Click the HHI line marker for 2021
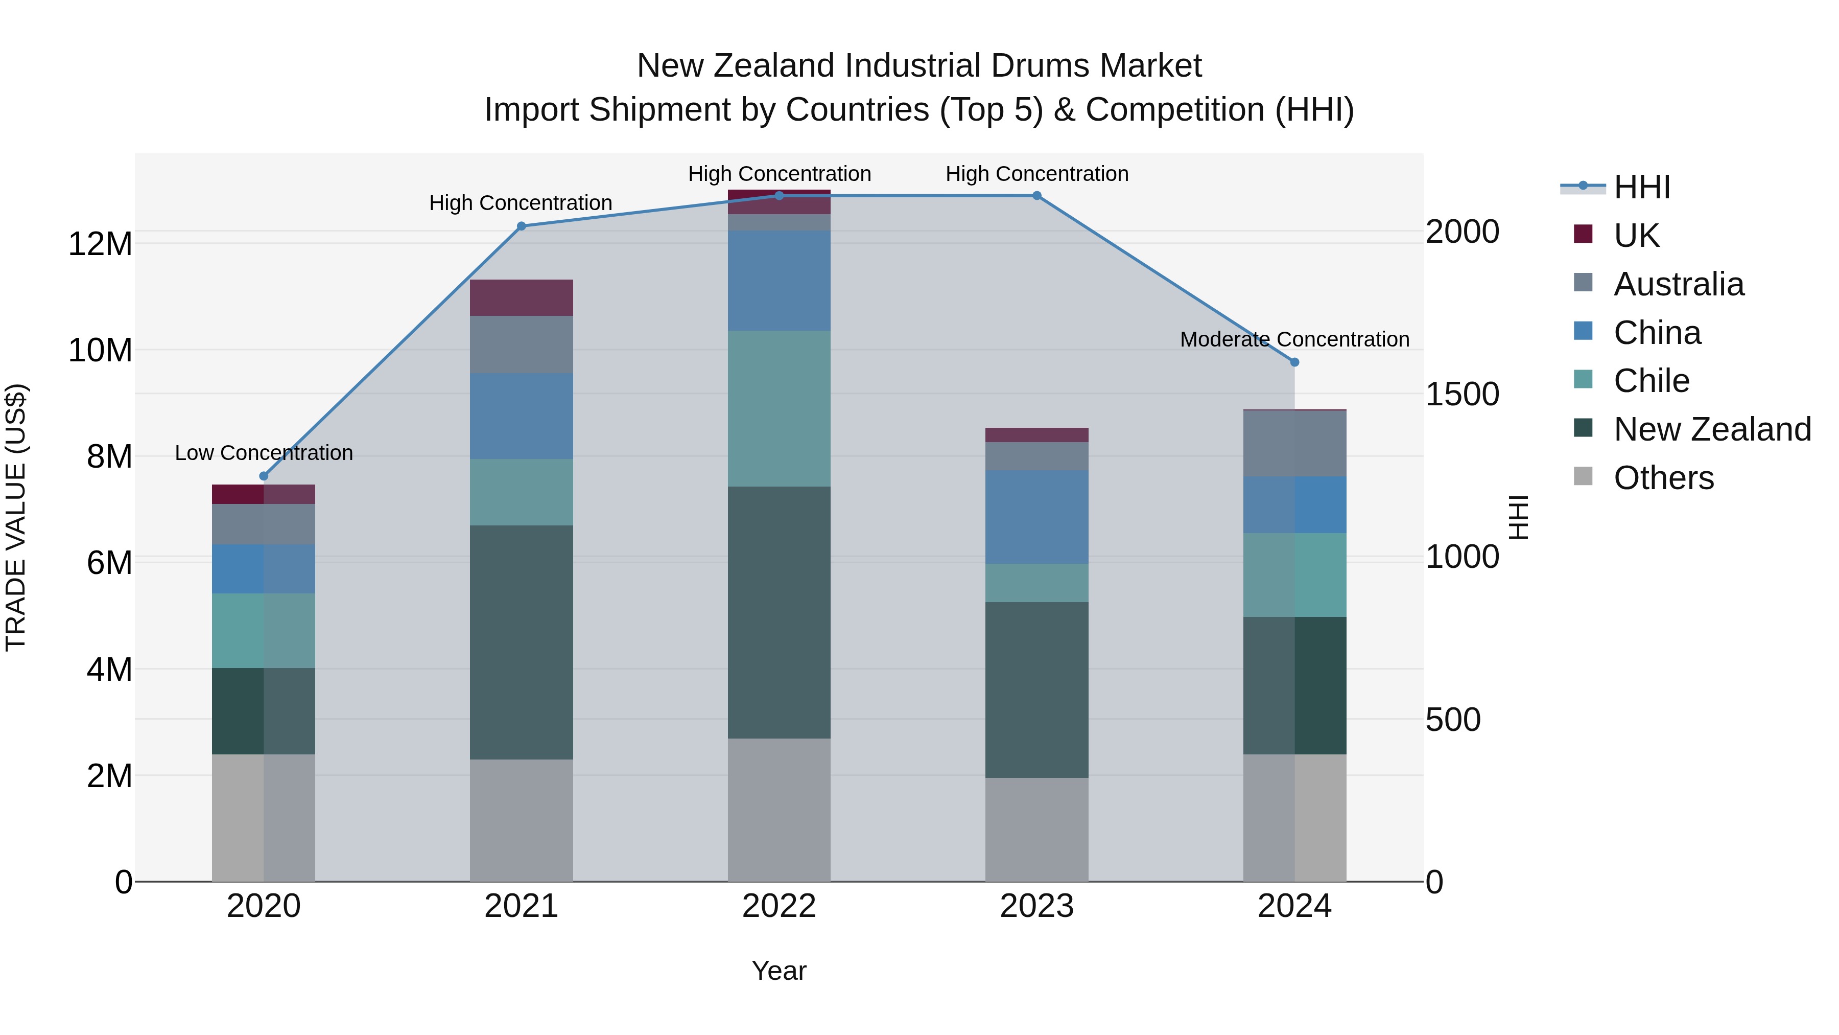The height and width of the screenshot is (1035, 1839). pyautogui.click(x=521, y=226)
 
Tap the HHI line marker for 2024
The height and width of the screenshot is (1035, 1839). pyautogui.click(x=1294, y=362)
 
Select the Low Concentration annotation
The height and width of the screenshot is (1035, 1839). pyautogui.click(x=264, y=453)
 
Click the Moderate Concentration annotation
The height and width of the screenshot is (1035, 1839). pyautogui.click(x=1294, y=339)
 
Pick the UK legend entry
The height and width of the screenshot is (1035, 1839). pyautogui.click(x=1636, y=235)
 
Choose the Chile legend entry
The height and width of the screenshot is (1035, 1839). pyautogui.click(x=1651, y=381)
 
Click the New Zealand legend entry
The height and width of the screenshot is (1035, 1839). pyautogui.click(x=1711, y=429)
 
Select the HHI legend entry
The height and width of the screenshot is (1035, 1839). pyautogui.click(x=1641, y=187)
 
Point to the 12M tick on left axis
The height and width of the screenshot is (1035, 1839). pyautogui.click(x=100, y=244)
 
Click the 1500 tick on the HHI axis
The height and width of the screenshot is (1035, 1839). pyautogui.click(x=1461, y=394)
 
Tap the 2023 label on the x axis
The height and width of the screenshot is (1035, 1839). pyautogui.click(x=1036, y=906)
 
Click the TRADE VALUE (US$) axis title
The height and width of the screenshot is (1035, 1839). pyautogui.click(x=16, y=517)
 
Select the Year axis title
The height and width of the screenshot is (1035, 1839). pyautogui.click(x=779, y=971)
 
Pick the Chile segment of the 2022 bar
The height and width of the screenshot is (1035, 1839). pyautogui.click(x=779, y=408)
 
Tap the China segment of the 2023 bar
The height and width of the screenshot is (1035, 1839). pyautogui.click(x=1036, y=517)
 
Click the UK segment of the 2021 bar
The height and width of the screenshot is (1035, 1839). pyautogui.click(x=521, y=298)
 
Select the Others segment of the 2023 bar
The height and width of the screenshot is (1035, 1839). pyautogui.click(x=1036, y=830)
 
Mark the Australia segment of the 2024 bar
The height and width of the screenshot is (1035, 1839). pyautogui.click(x=1294, y=444)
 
